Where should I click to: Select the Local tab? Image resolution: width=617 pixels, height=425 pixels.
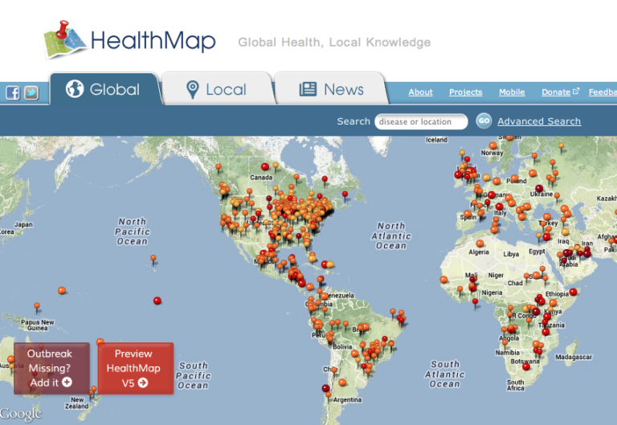point(216,89)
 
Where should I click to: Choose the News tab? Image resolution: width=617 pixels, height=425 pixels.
point(331,89)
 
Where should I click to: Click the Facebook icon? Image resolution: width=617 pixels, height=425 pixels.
point(13,92)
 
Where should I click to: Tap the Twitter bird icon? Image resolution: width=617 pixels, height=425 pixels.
point(31,92)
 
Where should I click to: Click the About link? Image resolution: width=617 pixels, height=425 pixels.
point(420,92)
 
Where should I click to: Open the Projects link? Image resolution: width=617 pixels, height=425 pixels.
point(465,92)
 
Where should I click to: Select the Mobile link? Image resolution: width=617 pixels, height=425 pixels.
point(512,92)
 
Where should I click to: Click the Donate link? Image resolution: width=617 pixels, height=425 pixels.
point(556,92)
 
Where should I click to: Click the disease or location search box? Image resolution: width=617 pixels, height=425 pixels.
point(421,122)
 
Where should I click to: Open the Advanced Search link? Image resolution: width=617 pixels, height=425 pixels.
point(539,121)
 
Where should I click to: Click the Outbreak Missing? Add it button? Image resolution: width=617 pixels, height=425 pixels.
point(51,368)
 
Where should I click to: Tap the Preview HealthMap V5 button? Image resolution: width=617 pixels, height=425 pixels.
point(134,368)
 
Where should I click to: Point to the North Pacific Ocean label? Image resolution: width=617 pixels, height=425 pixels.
point(133,231)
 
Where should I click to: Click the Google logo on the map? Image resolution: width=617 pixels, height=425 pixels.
point(22,414)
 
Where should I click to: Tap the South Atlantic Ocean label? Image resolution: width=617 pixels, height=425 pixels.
point(445,374)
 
